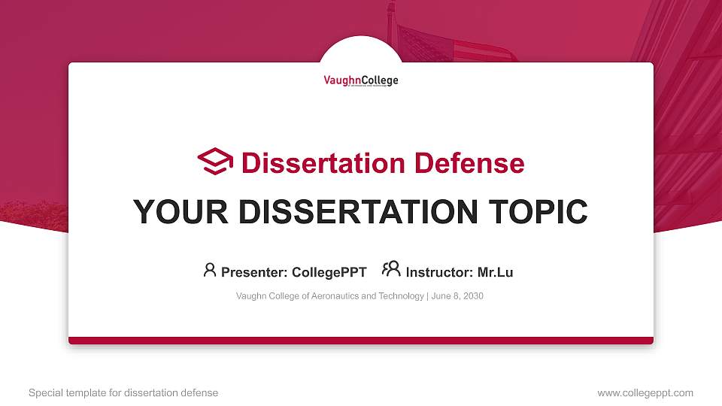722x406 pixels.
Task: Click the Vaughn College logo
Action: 361,81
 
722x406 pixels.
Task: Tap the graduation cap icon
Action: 215,162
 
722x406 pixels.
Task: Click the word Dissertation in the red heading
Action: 317,163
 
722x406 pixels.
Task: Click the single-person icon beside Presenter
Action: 210,270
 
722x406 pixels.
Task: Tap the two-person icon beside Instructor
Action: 391,269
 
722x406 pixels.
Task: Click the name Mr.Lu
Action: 495,272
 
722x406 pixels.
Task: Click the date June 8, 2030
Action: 457,296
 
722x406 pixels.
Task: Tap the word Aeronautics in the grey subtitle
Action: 334,296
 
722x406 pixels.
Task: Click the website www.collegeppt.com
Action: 645,392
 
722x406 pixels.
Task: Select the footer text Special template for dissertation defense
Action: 123,392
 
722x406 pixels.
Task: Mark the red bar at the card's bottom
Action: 361,341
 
